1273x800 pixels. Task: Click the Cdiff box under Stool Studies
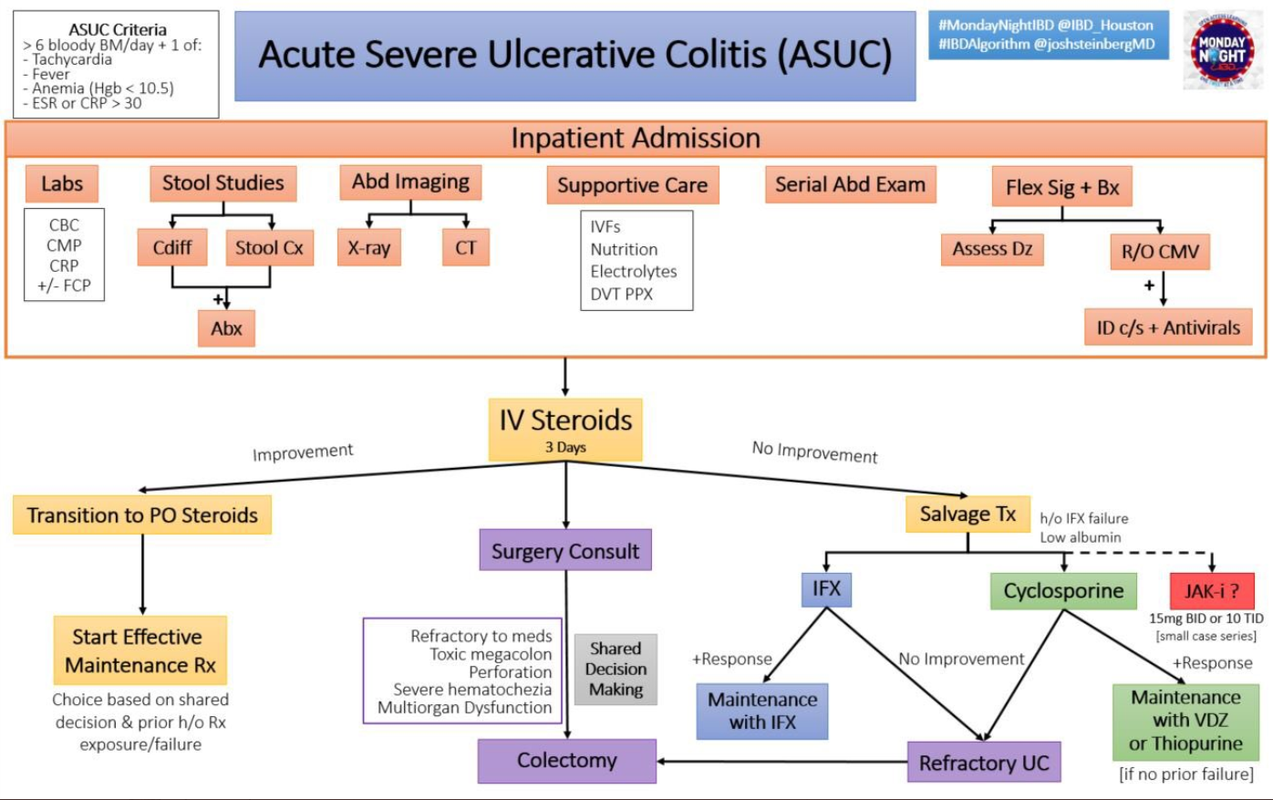172,247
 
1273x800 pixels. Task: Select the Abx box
226,328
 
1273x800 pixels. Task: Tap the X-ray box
368,247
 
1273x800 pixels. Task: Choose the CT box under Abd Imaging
465,247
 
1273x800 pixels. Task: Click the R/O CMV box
1159,252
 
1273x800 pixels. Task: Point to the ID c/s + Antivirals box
1167,327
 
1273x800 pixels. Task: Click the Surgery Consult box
565,551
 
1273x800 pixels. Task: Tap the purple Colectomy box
566,761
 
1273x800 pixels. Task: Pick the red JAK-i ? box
1211,591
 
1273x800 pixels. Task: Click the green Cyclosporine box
1063,591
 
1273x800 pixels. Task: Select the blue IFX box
826,589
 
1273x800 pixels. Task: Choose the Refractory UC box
984,763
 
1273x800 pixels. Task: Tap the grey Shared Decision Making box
616,670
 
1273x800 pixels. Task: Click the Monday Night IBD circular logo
1222,50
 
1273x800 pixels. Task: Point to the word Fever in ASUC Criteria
51,74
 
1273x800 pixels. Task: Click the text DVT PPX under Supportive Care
621,294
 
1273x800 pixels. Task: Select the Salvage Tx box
968,514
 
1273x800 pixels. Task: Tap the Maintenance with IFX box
762,711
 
